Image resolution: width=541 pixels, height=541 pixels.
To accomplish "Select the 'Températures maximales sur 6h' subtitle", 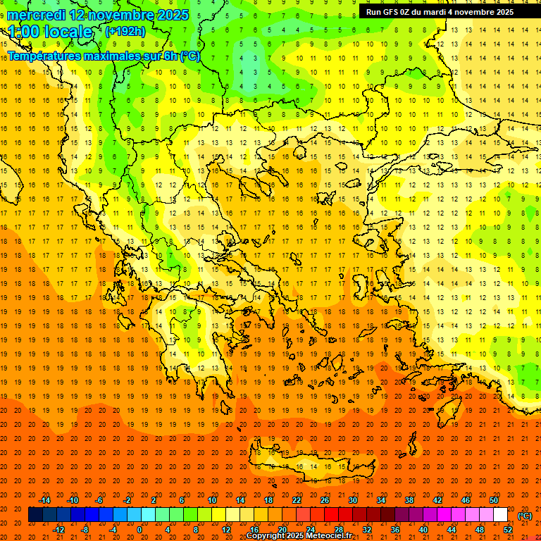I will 104,56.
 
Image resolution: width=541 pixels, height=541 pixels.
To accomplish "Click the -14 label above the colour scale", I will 44,500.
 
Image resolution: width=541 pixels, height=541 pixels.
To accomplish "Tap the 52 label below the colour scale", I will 508,530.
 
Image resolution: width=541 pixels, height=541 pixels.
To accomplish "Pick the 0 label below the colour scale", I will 139,530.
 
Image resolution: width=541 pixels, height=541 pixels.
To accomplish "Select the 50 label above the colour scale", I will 495,500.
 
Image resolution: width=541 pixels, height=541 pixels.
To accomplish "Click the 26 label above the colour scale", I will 325,500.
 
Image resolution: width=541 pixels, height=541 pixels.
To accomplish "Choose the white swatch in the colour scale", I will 500,515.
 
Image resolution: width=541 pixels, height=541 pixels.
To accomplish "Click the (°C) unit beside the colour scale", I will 525,516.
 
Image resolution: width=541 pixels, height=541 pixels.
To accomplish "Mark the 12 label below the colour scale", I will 226,530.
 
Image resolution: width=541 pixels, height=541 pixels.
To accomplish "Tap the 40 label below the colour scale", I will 423,530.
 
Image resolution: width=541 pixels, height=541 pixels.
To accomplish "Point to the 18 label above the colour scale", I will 268,500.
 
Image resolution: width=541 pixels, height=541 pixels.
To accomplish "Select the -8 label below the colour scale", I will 85,530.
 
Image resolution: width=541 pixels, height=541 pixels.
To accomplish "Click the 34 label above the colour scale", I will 381,500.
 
